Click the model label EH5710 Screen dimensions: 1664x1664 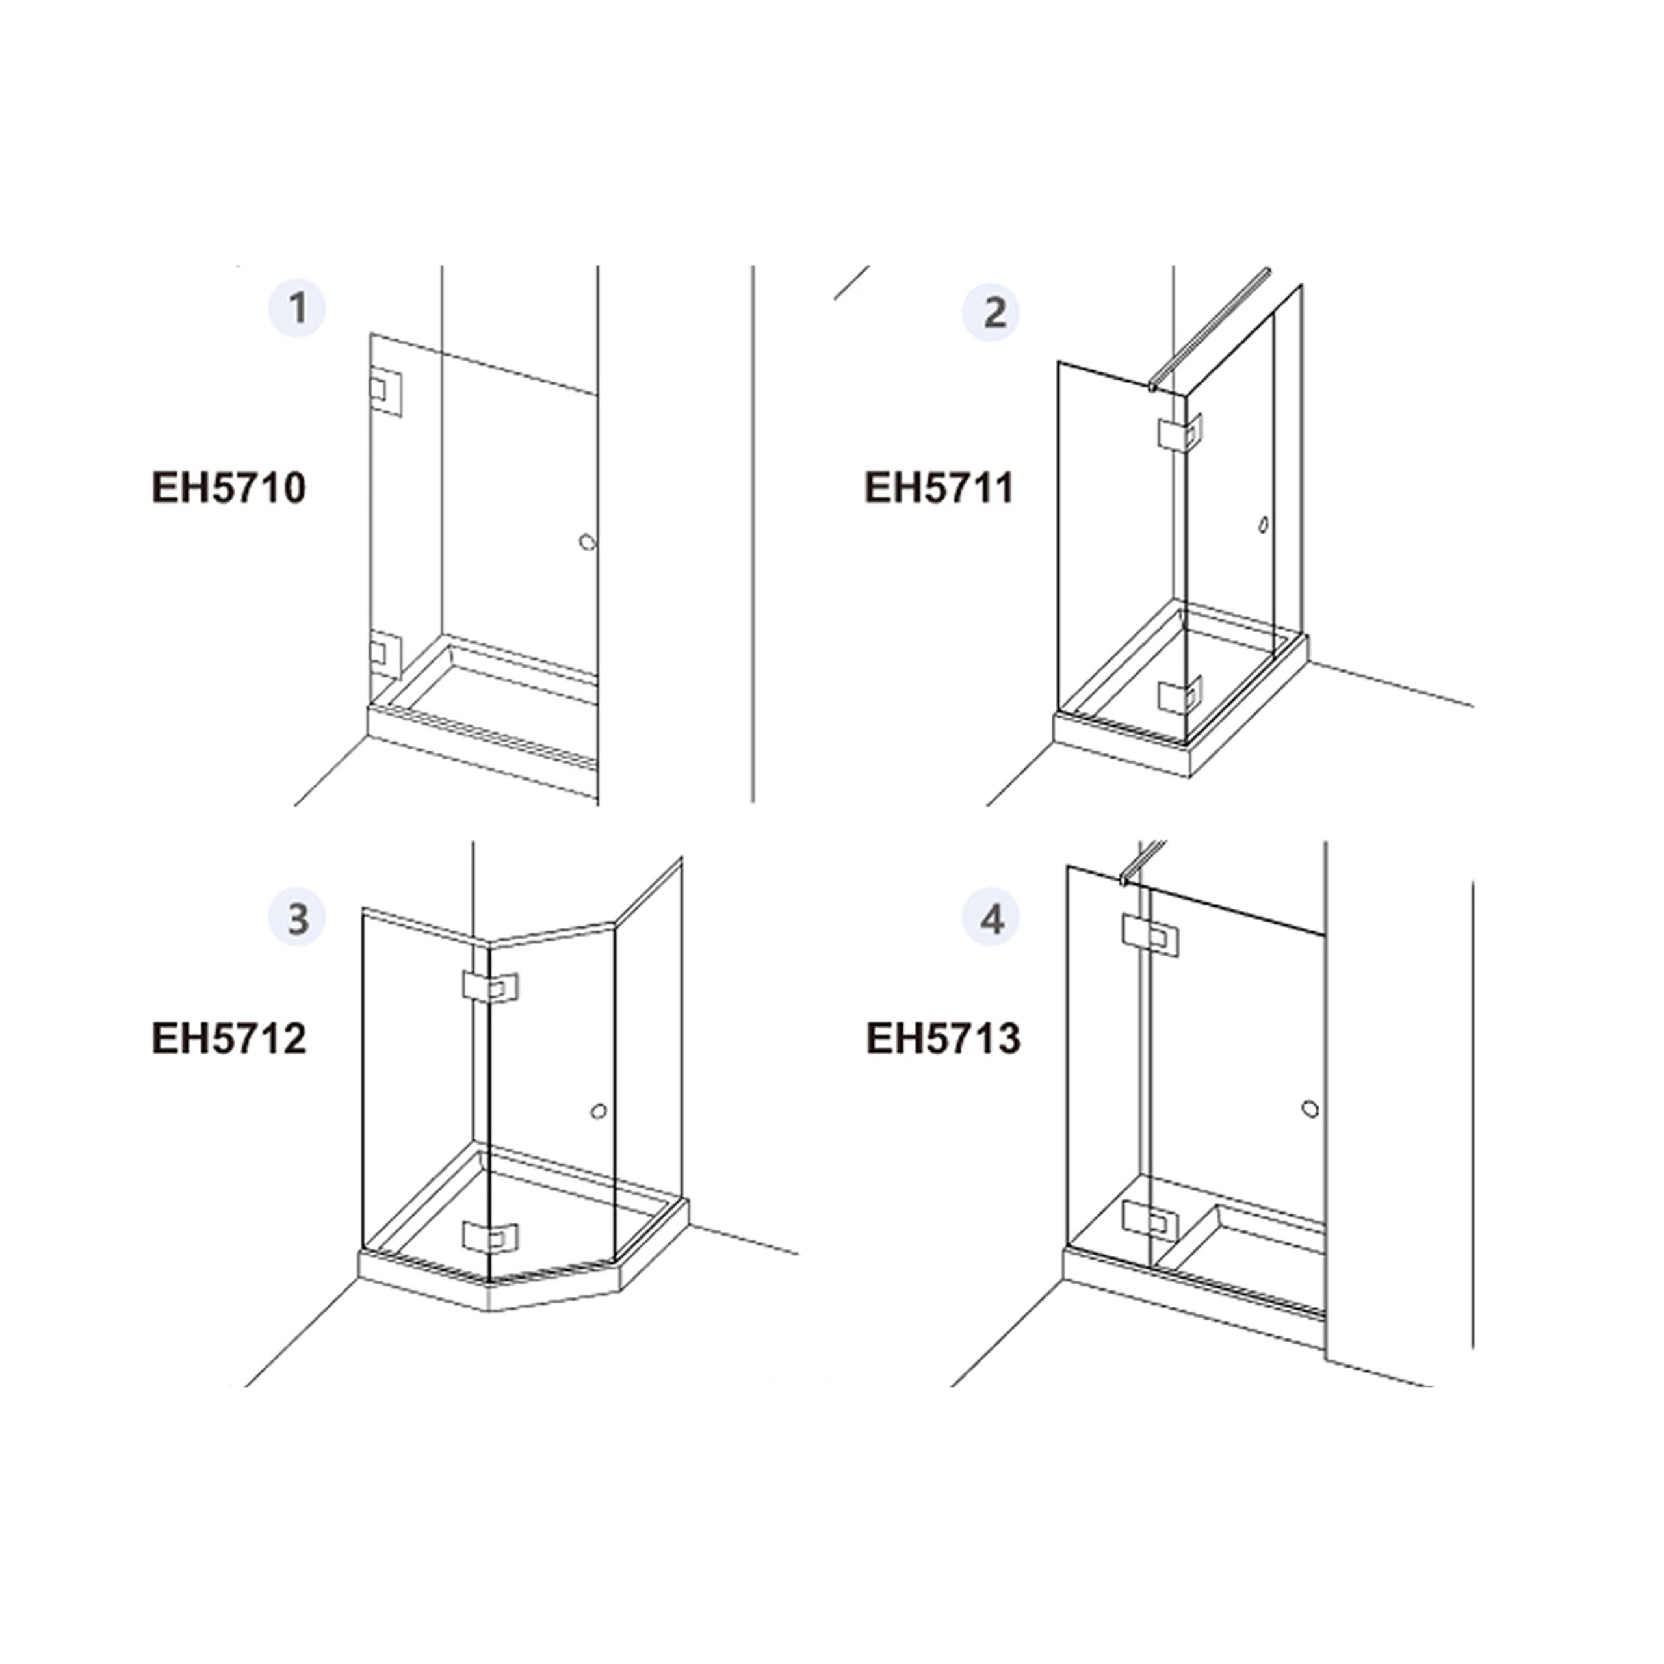[229, 488]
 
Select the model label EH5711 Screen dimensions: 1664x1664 [940, 488]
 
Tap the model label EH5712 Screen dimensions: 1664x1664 [229, 1038]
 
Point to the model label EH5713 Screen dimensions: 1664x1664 [943, 1038]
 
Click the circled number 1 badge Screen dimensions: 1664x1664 [297, 308]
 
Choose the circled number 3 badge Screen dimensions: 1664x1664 [297, 918]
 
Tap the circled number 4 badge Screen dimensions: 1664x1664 [991, 919]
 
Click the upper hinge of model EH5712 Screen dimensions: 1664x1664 [490, 988]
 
